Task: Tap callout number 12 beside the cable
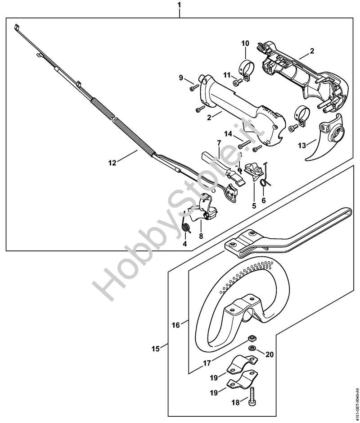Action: tap(112, 162)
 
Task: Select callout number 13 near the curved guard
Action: tap(302, 145)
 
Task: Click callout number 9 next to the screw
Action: tap(181, 77)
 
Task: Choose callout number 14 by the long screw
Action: tap(228, 134)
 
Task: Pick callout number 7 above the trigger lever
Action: tap(219, 143)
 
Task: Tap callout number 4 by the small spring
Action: tap(184, 244)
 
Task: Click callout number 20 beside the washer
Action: tap(270, 355)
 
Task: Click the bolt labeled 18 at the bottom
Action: tap(254, 395)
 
